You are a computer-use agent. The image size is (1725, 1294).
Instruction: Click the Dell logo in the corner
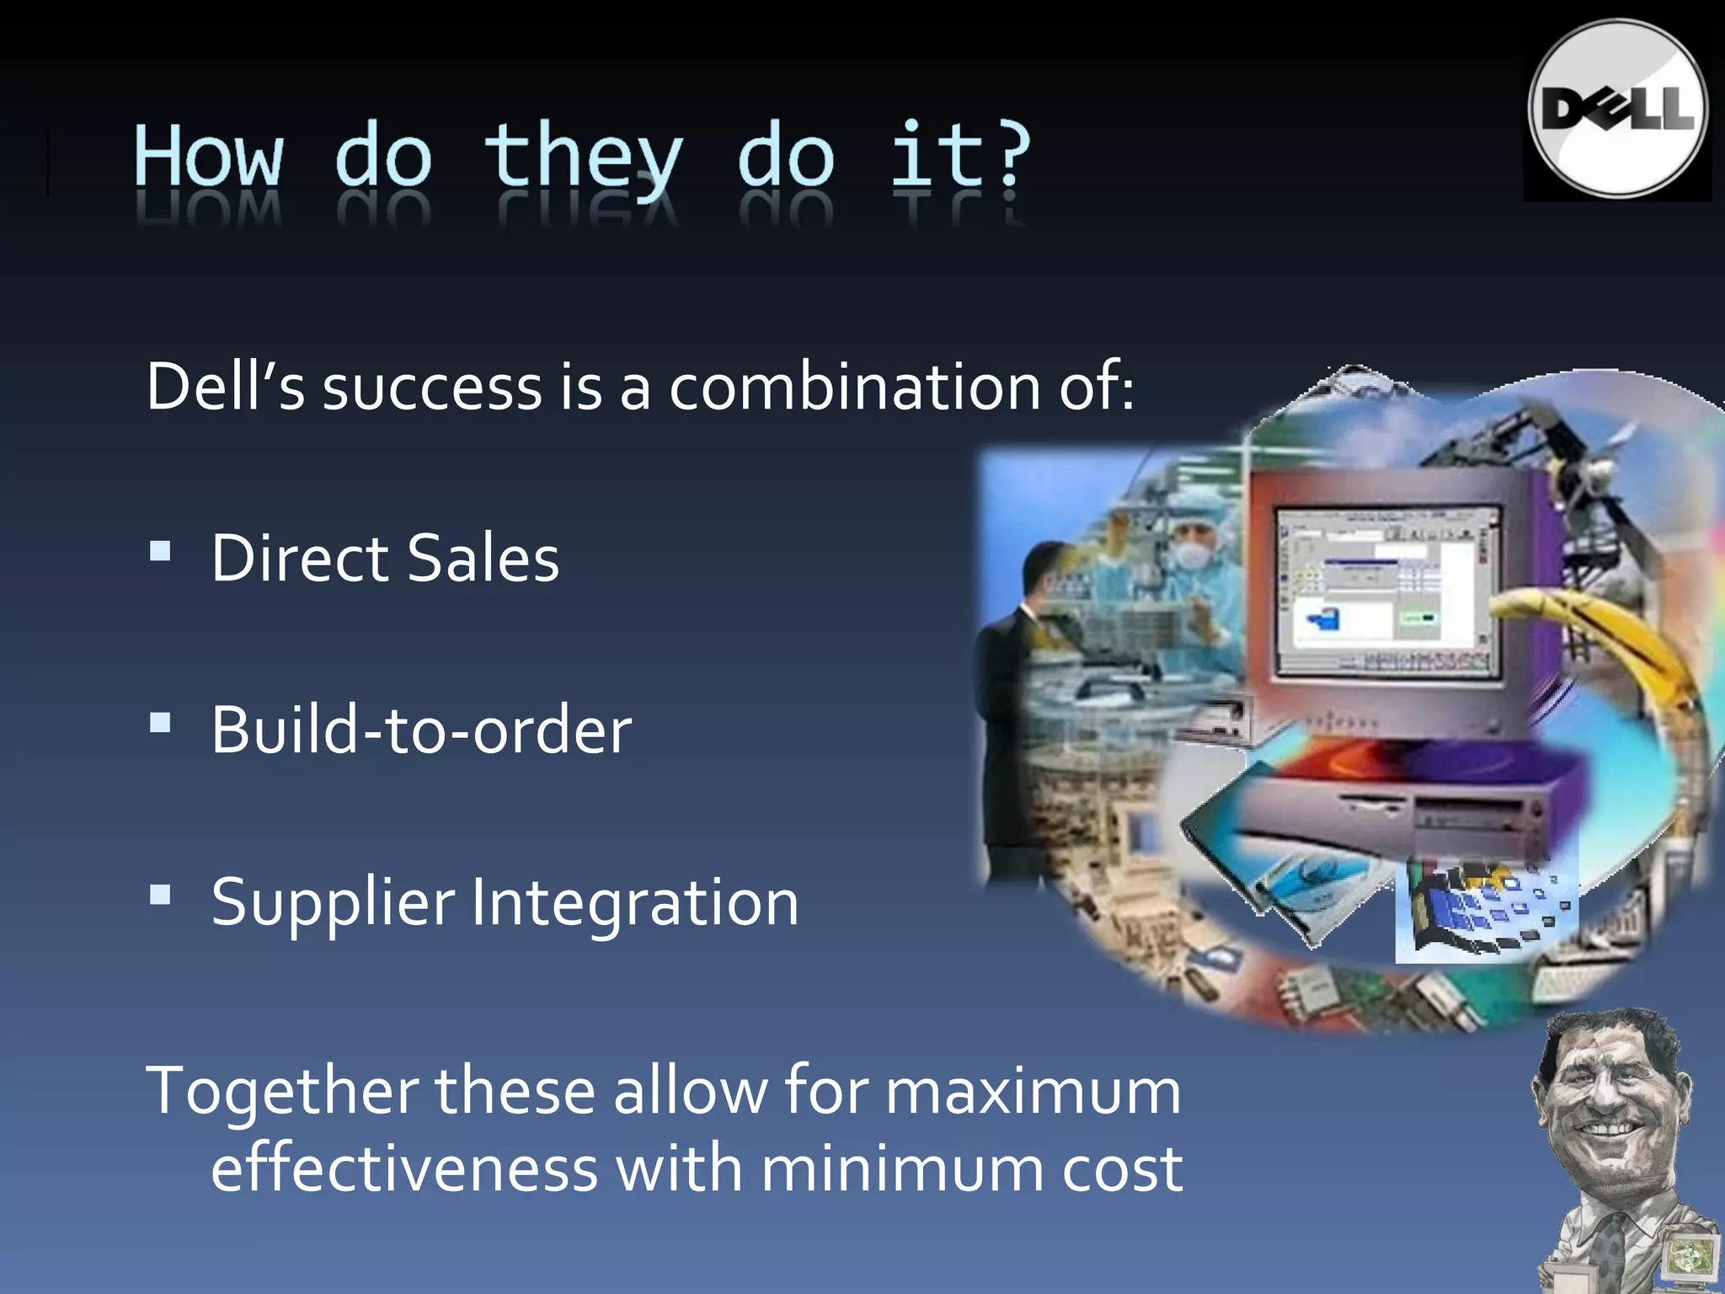(x=1617, y=110)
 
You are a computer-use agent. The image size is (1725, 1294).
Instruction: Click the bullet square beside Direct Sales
(x=160, y=552)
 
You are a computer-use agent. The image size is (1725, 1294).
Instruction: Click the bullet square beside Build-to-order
(x=160, y=723)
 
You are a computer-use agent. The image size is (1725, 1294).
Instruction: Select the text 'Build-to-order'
(x=421, y=730)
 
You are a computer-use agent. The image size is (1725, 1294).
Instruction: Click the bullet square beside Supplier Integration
(x=160, y=894)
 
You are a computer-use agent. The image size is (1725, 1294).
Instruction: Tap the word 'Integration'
(x=635, y=902)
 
